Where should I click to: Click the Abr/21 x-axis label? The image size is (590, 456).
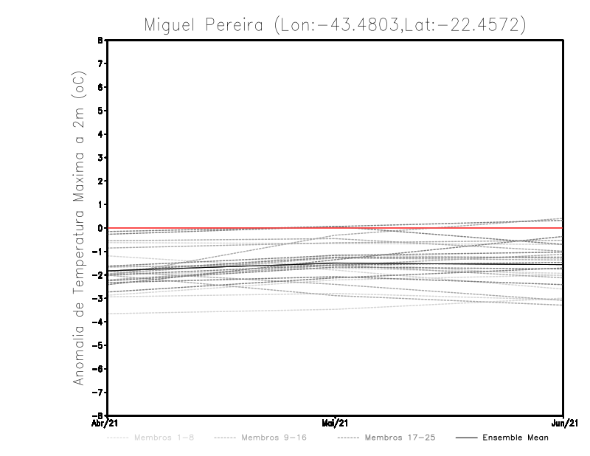[105, 423]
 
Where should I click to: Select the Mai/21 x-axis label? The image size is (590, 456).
[336, 423]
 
